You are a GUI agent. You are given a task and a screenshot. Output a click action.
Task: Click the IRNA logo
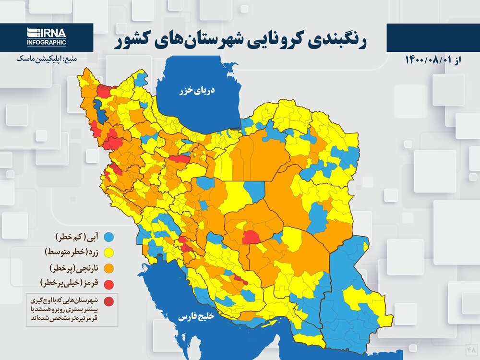47,34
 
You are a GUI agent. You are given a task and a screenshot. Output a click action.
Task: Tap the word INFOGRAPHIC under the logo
47,43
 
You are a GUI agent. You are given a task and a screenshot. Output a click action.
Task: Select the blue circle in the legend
109,237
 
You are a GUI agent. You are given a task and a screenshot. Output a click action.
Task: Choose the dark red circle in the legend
109,301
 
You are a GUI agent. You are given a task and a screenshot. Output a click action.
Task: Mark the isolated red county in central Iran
251,237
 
